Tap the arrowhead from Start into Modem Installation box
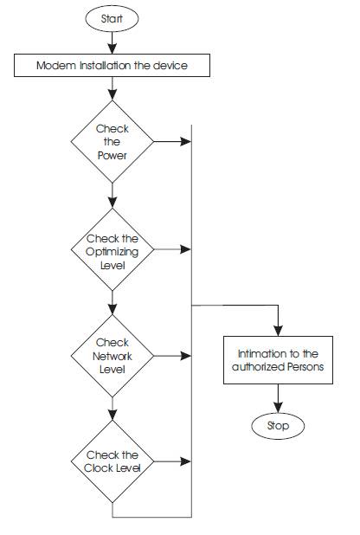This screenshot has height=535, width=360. tap(112, 48)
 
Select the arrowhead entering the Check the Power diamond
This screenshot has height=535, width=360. tap(112, 95)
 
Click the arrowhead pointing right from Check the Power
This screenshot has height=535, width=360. tap(186, 142)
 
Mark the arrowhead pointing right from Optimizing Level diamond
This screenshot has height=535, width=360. tap(186, 249)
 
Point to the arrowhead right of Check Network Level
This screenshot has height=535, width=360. tap(186, 356)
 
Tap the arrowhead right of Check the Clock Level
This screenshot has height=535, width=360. tap(186, 461)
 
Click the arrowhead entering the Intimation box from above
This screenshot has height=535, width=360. tap(278, 331)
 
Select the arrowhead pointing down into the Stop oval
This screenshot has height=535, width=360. tap(278, 407)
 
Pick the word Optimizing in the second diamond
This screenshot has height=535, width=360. tap(112, 253)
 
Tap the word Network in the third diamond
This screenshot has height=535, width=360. tap(112, 356)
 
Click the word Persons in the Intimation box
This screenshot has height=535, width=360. tap(305, 367)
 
